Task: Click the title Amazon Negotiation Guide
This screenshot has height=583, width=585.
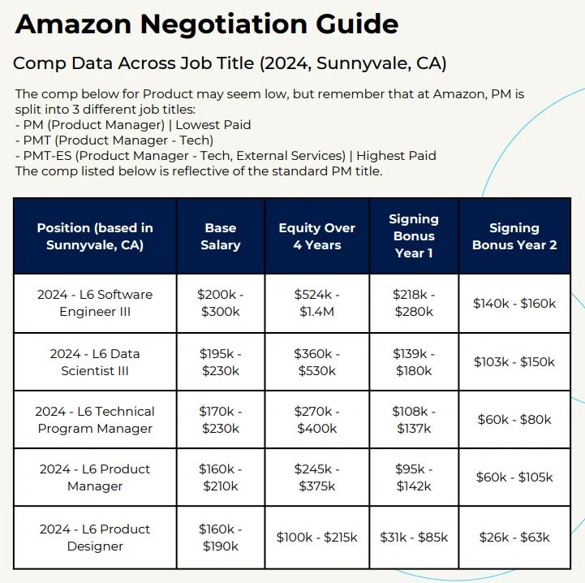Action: (x=207, y=24)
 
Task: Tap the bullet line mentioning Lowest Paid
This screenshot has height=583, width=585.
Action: (x=133, y=125)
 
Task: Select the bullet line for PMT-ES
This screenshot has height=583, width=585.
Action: (x=226, y=155)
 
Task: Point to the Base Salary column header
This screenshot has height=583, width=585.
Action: (x=220, y=236)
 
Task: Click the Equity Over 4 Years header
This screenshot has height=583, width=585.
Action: (x=316, y=236)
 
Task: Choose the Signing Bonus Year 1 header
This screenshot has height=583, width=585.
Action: (x=413, y=236)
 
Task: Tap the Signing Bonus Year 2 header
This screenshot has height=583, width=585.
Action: (x=514, y=236)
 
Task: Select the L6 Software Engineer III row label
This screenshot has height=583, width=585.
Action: (x=95, y=303)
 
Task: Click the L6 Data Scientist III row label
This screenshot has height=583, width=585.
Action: (x=95, y=362)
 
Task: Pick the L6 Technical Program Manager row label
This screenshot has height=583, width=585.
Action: (x=95, y=420)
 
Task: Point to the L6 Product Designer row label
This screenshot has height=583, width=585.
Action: (x=95, y=538)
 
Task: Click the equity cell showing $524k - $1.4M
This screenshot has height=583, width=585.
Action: (x=316, y=303)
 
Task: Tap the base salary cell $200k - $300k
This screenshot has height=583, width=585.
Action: (x=220, y=303)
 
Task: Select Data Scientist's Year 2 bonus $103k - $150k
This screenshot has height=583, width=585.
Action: (x=514, y=362)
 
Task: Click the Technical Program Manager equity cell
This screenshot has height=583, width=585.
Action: (x=316, y=420)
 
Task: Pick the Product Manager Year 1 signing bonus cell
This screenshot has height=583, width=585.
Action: (x=413, y=477)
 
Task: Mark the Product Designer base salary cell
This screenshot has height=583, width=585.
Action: (x=220, y=538)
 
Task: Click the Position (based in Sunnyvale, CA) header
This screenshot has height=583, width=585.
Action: (x=95, y=236)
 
